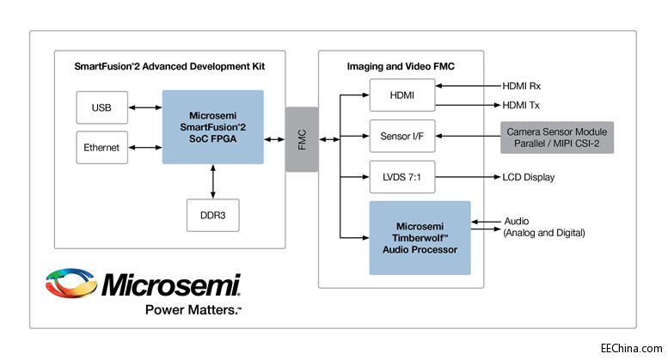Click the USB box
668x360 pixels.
100,108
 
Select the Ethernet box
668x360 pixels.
101,148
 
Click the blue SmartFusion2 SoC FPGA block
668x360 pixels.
212,126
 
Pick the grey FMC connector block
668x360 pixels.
302,139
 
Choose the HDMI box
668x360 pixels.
402,96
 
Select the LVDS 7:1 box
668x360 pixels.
402,177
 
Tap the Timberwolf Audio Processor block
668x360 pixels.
420,237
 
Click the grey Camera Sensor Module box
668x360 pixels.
557,137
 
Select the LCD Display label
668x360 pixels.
529,178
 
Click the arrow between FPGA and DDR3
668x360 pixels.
212,181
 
